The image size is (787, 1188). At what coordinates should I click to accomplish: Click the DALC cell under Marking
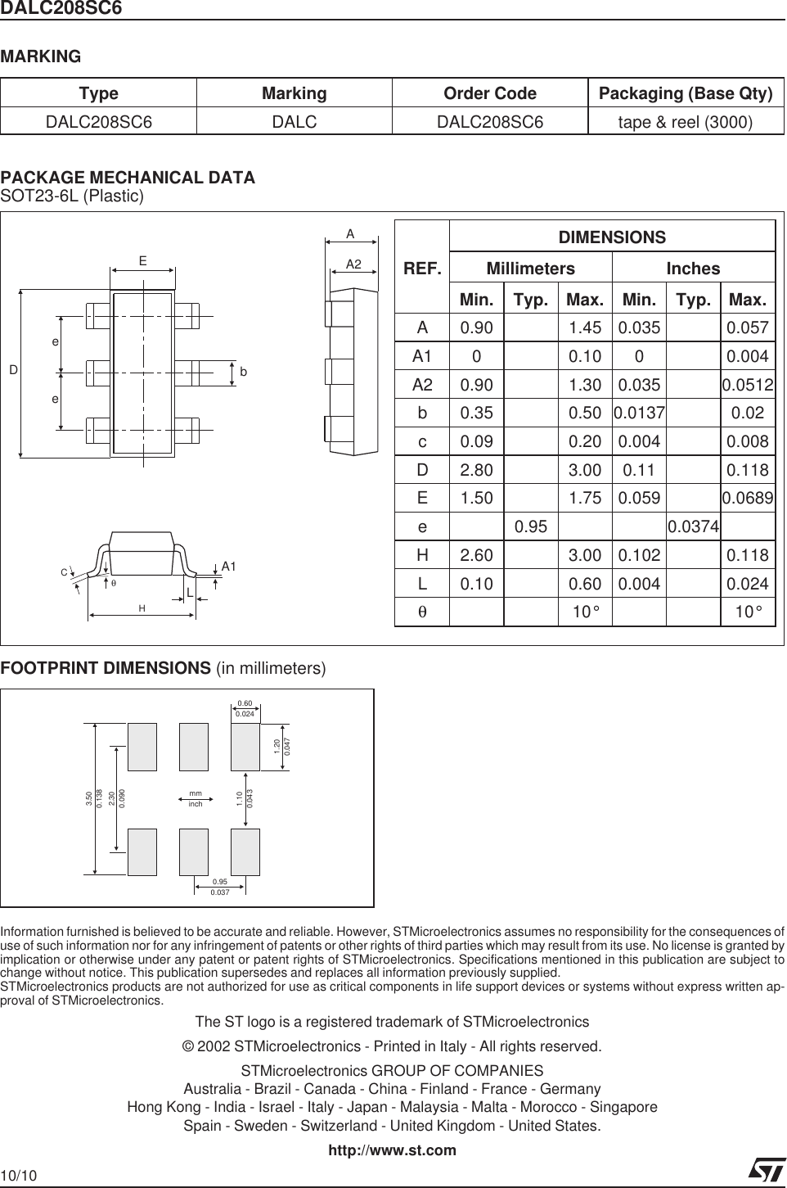pos(294,122)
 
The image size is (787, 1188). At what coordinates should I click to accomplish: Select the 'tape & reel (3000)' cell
pos(686,122)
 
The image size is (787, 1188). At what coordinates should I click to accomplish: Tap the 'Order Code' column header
pos(489,93)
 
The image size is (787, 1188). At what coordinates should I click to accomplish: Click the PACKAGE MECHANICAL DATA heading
pos(128,178)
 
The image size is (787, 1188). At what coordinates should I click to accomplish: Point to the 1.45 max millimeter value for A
pos(585,328)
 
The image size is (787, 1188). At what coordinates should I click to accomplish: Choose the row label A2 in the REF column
pos(422,385)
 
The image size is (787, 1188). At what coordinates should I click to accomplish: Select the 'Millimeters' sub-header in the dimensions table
pos(530,269)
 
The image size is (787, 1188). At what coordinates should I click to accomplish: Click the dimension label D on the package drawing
pos(14,371)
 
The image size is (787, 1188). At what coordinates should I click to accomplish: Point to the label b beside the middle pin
pos(244,372)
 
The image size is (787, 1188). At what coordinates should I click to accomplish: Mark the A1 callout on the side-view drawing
pos(229,566)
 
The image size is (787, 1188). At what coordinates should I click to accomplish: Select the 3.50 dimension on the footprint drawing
pos(88,798)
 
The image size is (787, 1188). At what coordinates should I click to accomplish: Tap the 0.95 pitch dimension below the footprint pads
pos(219,882)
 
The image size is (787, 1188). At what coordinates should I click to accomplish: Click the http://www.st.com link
pos(392,1150)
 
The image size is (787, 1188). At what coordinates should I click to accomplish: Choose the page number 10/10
pos(19,1177)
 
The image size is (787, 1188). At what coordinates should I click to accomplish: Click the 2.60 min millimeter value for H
pos(476,556)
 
